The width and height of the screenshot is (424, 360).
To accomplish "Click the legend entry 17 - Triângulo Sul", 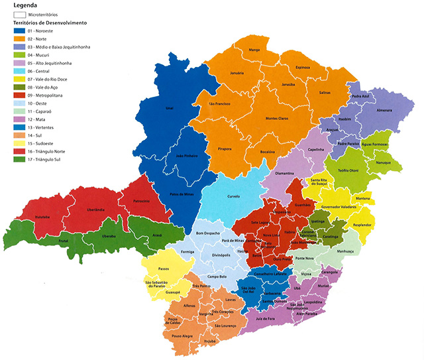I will click(54, 158).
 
